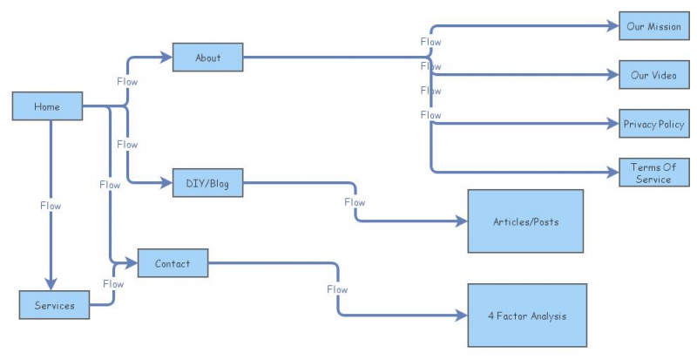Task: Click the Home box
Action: click(x=47, y=106)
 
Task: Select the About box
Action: click(x=207, y=58)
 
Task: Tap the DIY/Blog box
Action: click(x=207, y=183)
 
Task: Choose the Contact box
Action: click(x=173, y=262)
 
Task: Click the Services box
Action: click(x=54, y=305)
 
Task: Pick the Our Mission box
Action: click(x=653, y=26)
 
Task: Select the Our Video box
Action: click(x=653, y=75)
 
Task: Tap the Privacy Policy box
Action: click(x=653, y=124)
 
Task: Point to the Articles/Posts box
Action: click(x=525, y=221)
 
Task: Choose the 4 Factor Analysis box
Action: click(x=526, y=315)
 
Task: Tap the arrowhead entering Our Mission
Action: click(x=612, y=26)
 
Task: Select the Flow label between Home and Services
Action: click(x=51, y=206)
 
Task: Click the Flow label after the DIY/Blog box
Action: click(x=355, y=202)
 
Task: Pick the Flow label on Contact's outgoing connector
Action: click(x=337, y=289)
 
